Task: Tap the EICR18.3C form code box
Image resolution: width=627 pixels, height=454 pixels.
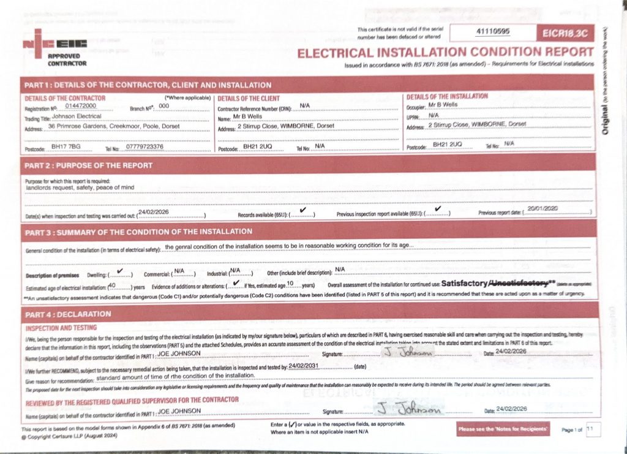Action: [564, 32]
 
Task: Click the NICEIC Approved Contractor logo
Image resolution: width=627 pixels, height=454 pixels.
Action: [54, 47]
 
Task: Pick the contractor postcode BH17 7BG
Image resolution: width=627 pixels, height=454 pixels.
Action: [66, 146]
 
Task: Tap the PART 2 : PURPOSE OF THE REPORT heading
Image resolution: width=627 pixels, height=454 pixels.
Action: [88, 165]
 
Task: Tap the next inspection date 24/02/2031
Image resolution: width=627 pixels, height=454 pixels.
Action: [305, 365]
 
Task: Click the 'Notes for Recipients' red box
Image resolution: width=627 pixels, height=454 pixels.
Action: [503, 429]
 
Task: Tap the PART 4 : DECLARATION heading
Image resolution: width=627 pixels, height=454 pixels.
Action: [67, 314]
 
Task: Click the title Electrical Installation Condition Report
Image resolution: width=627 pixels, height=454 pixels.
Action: [445, 53]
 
